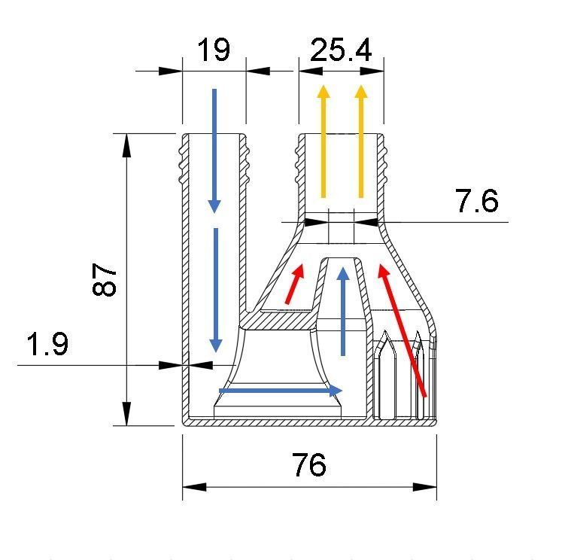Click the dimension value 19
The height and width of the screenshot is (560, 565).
[x=213, y=50]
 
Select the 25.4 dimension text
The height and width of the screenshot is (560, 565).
[x=341, y=50]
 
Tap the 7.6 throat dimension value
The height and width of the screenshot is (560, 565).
[x=476, y=202]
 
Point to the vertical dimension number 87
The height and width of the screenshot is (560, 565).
[x=105, y=279]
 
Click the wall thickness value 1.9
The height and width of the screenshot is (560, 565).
[x=47, y=345]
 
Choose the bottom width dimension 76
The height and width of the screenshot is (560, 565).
[x=309, y=464]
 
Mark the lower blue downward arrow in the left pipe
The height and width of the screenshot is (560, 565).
[x=216, y=290]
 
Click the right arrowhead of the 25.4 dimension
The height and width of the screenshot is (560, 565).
[x=372, y=72]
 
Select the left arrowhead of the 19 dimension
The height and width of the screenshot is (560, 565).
[x=171, y=72]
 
